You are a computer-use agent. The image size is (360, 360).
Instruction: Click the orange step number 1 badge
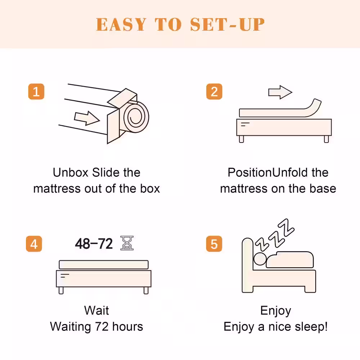coord(36,91)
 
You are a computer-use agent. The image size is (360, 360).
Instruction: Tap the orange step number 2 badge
coord(214,91)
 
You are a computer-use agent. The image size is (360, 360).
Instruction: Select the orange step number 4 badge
coord(34,244)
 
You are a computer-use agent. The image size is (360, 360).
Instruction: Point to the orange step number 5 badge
coord(214,244)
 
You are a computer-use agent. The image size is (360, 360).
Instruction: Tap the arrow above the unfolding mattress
coord(280,92)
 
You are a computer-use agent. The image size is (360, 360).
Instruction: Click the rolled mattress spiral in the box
coord(136,117)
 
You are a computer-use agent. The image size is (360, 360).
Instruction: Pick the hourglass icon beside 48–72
coord(127,243)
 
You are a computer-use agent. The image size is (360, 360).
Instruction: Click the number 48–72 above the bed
coord(94,244)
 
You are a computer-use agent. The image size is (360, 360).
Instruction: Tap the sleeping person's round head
coord(260,259)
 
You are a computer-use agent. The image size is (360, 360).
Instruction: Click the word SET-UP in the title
coord(227,24)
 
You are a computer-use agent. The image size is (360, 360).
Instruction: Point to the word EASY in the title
coord(121,24)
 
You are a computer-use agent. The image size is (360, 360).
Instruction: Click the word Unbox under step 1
coord(71,172)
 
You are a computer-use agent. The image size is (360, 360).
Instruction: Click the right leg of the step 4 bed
coord(146,291)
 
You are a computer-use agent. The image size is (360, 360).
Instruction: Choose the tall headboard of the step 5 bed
coord(248,264)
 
